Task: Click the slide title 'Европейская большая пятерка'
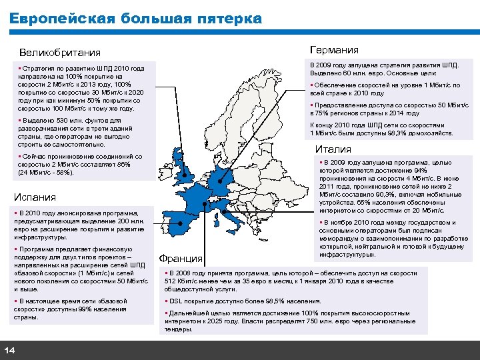(136, 19)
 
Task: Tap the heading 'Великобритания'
(59, 53)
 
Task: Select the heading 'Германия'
(334, 50)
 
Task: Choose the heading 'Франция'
(180, 259)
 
